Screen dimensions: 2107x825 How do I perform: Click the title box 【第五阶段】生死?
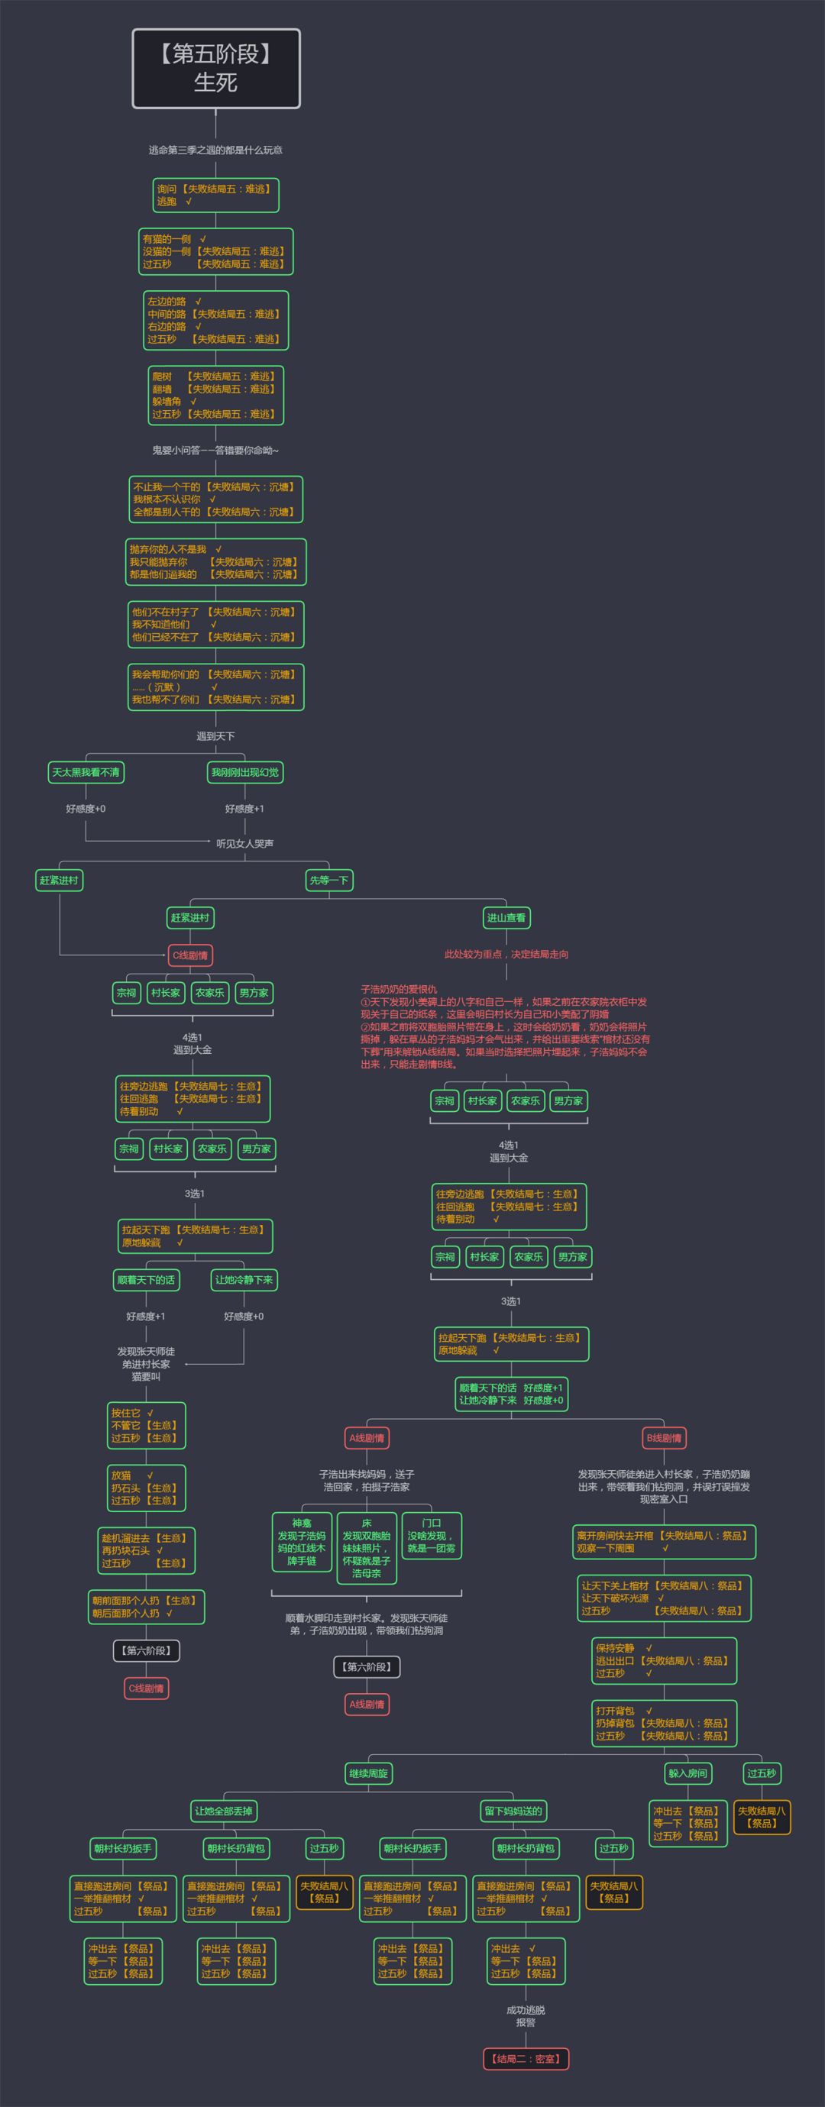click(x=216, y=69)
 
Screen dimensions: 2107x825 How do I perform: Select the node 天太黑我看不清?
click(x=86, y=772)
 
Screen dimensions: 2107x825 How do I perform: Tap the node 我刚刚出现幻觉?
click(x=244, y=772)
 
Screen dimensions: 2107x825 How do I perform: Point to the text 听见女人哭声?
click(x=244, y=843)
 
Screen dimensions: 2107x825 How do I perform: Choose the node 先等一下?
click(x=329, y=880)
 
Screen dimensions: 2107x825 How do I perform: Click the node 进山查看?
click(x=506, y=918)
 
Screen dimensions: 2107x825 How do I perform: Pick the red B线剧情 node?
click(x=664, y=1438)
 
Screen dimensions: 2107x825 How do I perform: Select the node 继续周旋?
click(x=368, y=1773)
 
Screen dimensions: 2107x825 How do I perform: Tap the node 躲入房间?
click(x=687, y=1773)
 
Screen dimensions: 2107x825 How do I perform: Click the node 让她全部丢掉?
click(x=223, y=1811)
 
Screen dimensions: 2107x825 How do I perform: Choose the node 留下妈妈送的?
click(x=513, y=1811)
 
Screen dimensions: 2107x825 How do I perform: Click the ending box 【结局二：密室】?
click(x=526, y=2059)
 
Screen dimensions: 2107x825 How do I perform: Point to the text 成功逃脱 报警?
click(x=526, y=2016)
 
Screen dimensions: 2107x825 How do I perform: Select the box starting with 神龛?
click(x=301, y=1542)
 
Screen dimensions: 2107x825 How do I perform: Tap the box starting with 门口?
click(x=432, y=1535)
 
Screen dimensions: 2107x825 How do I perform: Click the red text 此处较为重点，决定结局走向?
click(x=506, y=954)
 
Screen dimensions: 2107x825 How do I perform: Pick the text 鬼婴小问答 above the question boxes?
click(x=215, y=450)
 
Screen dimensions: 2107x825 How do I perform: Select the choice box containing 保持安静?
click(x=664, y=1660)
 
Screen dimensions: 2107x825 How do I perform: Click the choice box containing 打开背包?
click(x=664, y=1724)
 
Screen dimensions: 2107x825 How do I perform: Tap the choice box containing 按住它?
click(x=147, y=1425)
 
